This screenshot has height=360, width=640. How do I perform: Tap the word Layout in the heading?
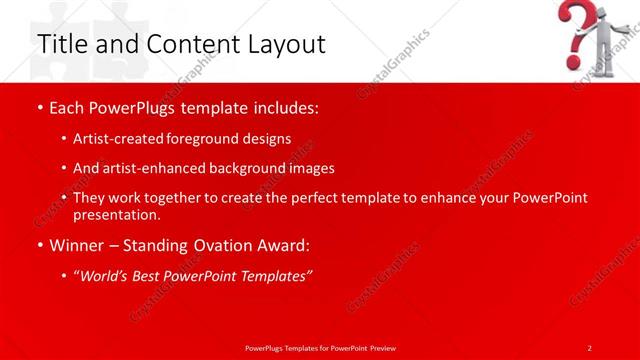[285, 44]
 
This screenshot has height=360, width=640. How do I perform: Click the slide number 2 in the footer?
[590, 347]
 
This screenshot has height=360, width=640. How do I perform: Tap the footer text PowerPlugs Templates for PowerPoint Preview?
[319, 347]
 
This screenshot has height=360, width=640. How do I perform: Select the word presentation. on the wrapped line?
[116, 214]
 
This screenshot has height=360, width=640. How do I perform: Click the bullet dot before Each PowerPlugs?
[40, 106]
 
